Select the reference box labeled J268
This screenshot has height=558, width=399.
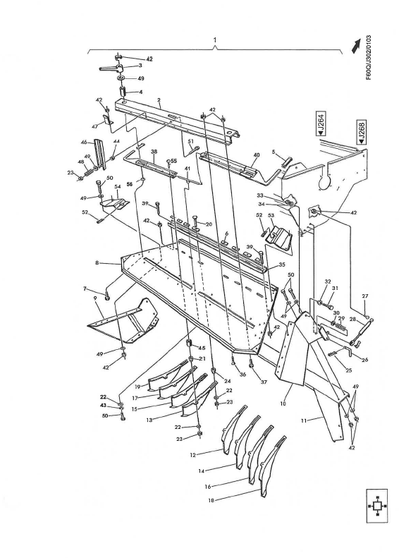tap(360, 132)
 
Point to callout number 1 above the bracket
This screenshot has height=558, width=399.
tap(214, 42)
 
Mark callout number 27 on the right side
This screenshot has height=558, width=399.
tap(364, 296)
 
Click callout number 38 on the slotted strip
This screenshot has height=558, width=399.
tap(153, 152)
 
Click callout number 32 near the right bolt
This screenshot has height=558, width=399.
tap(327, 281)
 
